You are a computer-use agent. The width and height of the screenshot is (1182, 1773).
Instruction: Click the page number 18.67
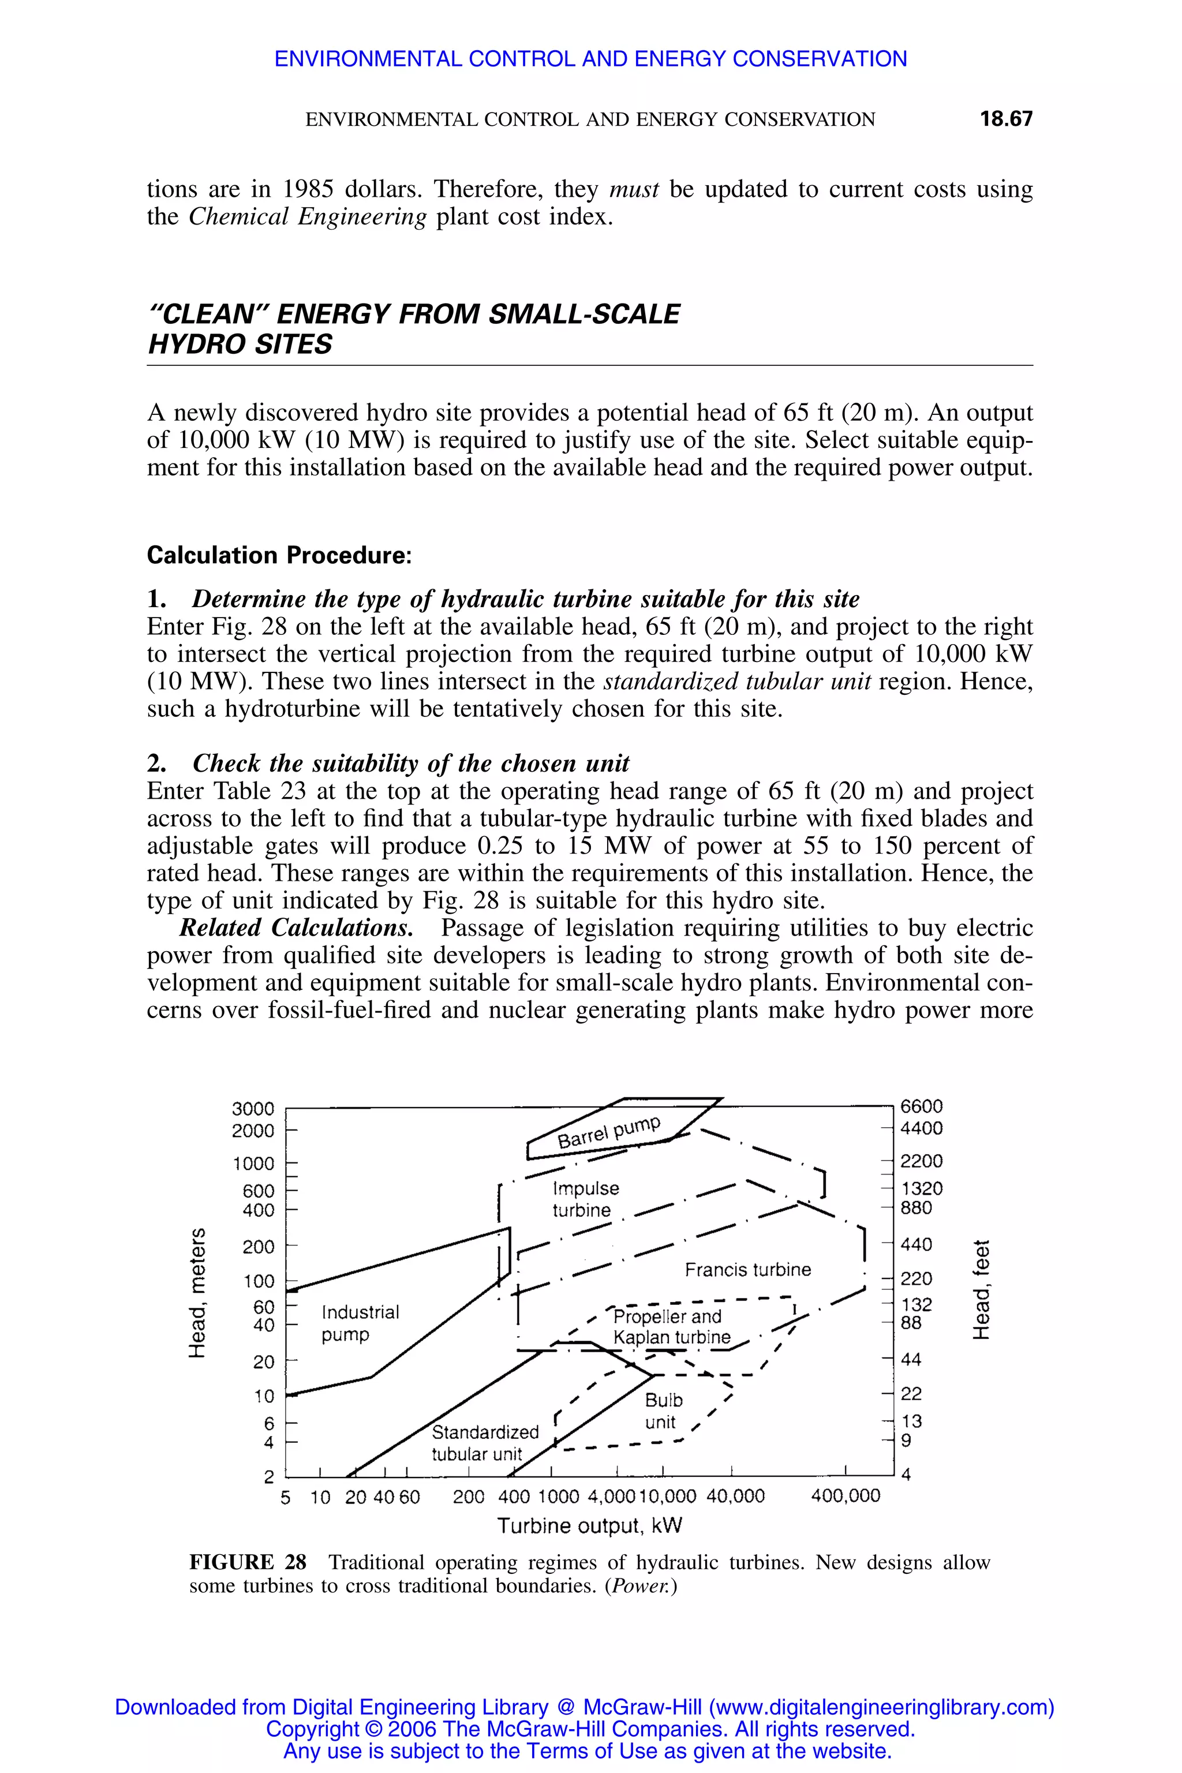[1005, 119]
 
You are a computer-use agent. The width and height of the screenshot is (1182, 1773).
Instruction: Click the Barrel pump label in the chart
[608, 1132]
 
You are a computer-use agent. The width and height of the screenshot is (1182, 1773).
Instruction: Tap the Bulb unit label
[663, 1411]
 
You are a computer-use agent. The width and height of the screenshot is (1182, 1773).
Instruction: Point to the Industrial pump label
[360, 1323]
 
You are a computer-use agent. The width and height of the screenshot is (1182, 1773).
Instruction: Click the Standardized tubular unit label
[484, 1443]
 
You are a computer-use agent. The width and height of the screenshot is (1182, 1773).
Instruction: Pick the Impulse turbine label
[585, 1199]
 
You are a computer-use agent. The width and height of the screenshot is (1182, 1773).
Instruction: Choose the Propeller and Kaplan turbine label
[670, 1327]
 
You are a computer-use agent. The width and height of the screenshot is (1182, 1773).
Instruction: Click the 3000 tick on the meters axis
[253, 1109]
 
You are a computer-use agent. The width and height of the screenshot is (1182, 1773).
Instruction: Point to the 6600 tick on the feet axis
[921, 1106]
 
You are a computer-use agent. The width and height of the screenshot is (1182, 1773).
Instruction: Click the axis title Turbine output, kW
[589, 1527]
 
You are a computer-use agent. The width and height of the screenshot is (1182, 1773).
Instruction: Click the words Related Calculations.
[295, 928]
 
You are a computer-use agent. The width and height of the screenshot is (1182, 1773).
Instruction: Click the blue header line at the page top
[590, 59]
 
